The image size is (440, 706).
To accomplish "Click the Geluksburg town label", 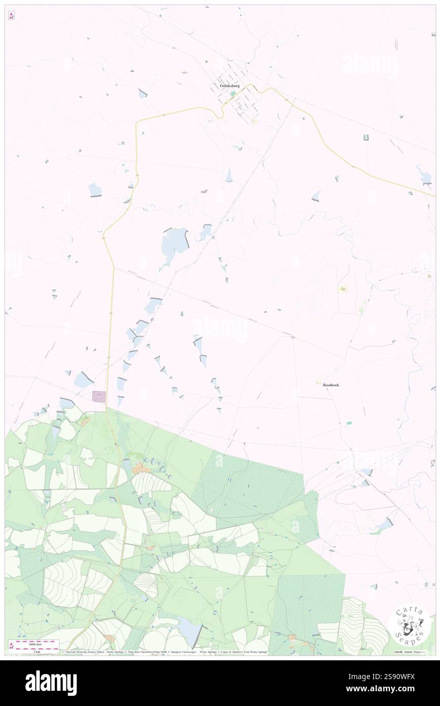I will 229,86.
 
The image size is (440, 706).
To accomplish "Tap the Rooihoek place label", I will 331,385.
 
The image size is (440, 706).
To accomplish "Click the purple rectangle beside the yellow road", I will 99,396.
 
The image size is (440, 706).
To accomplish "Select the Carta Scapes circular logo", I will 410,628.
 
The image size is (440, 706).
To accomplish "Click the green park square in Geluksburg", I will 233,94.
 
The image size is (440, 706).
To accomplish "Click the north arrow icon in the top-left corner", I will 11,16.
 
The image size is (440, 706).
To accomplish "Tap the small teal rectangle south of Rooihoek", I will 349,423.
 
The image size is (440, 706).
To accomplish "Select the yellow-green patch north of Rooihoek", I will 343,288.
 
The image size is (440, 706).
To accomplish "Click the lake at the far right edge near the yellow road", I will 423,175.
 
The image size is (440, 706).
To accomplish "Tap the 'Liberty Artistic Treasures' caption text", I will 412,652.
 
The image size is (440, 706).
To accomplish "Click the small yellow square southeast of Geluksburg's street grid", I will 255,121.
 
